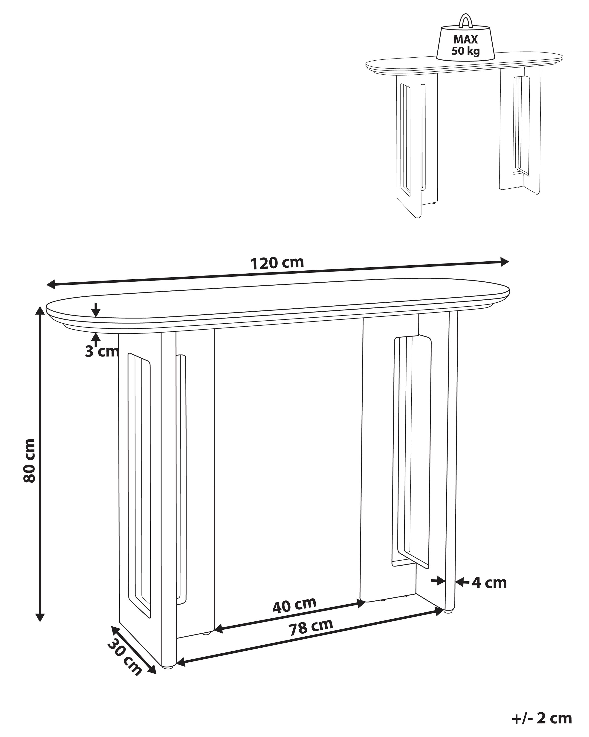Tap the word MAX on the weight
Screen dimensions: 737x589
coord(465,40)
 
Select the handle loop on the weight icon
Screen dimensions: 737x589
coord(465,20)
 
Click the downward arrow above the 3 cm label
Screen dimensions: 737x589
coord(96,310)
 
